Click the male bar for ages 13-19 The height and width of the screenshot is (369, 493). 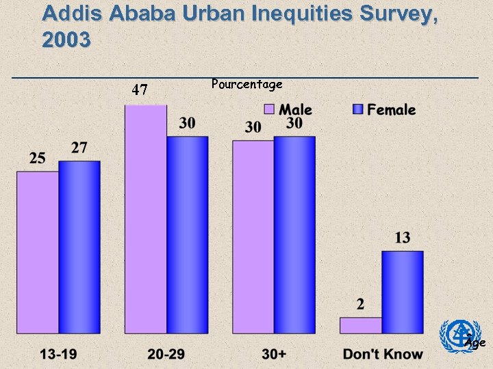click(38, 252)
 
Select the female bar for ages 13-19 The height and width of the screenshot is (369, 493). click(79, 247)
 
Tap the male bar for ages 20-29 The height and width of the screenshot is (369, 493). click(145, 219)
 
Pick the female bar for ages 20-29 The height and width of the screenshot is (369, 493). click(188, 235)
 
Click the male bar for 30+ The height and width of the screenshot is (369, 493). click(253, 237)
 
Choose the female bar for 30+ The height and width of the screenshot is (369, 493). click(294, 235)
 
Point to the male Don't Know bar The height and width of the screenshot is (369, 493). click(360, 325)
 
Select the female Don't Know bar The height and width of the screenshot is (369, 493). click(402, 292)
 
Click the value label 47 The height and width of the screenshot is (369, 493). click(140, 90)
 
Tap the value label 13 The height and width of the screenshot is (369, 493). click(402, 238)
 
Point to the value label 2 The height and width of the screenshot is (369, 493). click(360, 304)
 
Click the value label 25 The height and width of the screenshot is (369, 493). click(38, 159)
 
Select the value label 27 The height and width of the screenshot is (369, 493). click(79, 148)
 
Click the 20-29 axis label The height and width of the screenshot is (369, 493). click(166, 354)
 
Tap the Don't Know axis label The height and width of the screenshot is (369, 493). click(383, 354)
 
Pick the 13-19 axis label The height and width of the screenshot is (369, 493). click(58, 354)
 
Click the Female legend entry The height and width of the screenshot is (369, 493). click(384, 109)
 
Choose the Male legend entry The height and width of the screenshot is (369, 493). click(288, 109)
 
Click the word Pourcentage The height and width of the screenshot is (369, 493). click(246, 84)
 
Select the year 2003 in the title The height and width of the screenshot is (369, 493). click(66, 40)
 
